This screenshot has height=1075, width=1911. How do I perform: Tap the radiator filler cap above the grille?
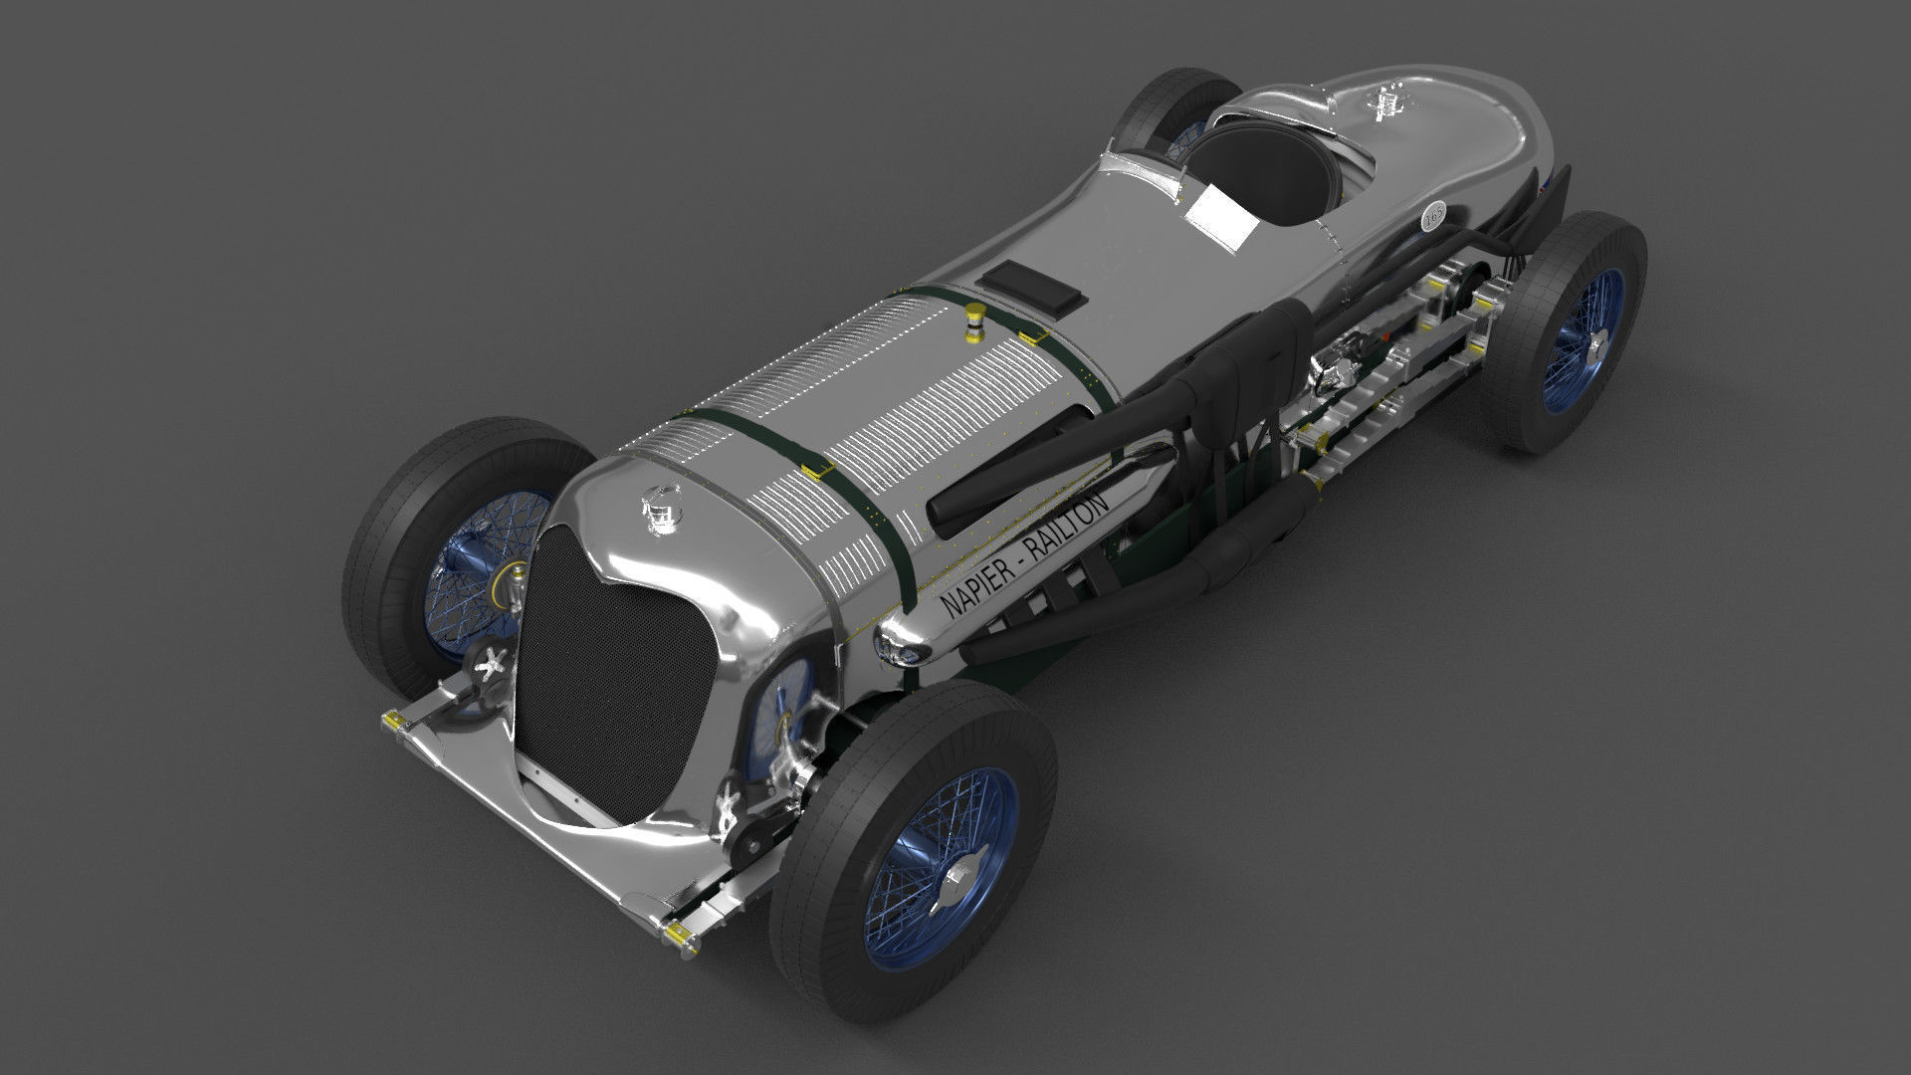tap(659, 509)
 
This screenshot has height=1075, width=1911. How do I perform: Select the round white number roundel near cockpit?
tap(1434, 215)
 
